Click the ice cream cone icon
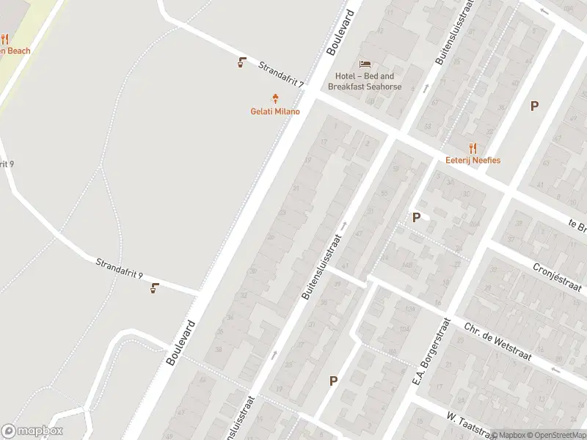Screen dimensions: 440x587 (x=276, y=98)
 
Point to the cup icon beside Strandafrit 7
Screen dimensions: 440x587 (x=241, y=62)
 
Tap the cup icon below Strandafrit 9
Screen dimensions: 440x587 (x=154, y=287)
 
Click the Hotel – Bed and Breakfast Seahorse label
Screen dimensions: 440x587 (x=365, y=81)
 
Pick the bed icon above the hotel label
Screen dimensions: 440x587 (x=365, y=64)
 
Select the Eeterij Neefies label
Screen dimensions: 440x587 (x=473, y=160)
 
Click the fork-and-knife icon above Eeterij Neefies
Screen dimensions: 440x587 (x=473, y=147)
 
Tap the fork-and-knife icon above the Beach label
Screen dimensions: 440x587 (x=4, y=39)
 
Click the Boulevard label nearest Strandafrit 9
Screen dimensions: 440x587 (x=181, y=342)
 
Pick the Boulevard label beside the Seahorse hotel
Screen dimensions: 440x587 (x=340, y=33)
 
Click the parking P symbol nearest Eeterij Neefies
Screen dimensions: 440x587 (x=534, y=106)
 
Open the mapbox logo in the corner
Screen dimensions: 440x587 (x=32, y=431)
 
